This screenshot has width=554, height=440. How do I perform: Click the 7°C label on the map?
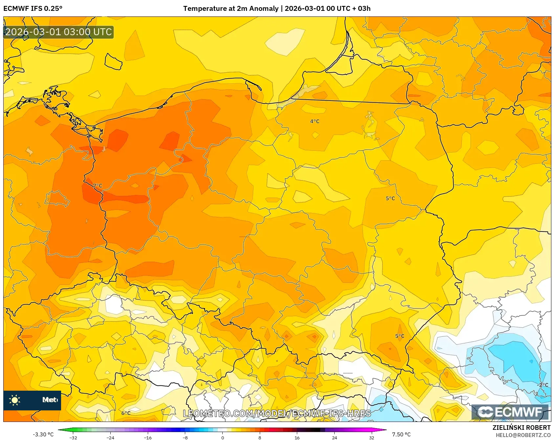pos(98,186)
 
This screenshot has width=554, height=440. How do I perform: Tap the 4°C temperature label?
pos(315,121)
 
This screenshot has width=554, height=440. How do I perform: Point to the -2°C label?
pos(543,385)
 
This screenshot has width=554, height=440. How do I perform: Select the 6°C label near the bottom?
pos(126,413)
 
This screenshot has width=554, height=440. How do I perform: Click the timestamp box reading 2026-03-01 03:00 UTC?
pos(58,32)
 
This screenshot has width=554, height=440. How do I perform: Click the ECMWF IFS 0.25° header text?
pos(33,9)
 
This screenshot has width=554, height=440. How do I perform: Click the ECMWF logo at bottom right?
pos(510,412)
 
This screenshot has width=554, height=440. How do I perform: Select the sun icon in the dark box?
pos(15,400)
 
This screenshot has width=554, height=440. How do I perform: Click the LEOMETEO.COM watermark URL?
pos(277,413)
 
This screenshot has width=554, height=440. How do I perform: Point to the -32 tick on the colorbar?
pos(73,438)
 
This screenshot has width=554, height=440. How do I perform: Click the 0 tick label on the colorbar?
pos(223,438)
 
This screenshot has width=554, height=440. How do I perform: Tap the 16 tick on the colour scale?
pos(297,438)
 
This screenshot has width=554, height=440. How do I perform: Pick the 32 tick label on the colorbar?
pos(371,438)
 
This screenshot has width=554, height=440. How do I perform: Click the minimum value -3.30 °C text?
pos(43,434)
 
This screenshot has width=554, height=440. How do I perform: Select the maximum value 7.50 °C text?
pos(401,434)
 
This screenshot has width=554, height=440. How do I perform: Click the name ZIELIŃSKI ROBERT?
pos(521,428)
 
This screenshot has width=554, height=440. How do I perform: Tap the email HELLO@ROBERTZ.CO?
pos(523,435)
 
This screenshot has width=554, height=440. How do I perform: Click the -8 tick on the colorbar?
pos(185,438)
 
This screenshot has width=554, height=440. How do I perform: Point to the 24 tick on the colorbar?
pos(334,438)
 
